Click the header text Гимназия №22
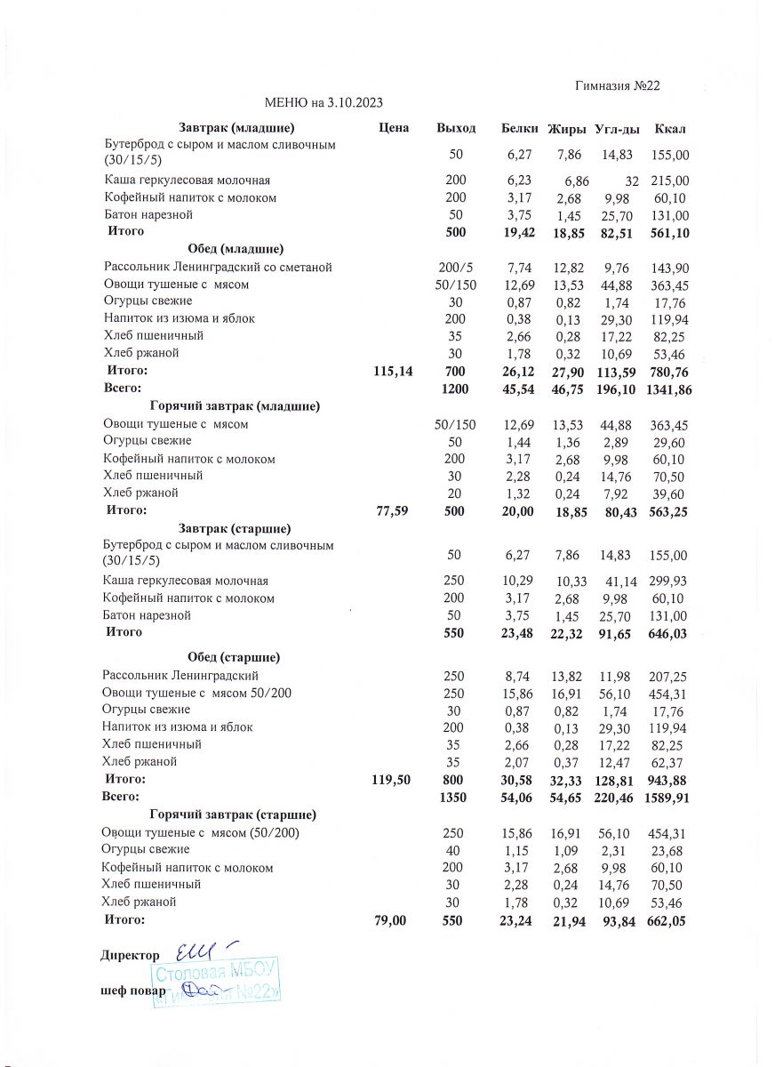click(x=617, y=86)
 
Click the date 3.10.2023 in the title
click(x=355, y=103)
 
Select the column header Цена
click(x=393, y=129)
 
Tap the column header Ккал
click(x=669, y=130)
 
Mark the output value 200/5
click(x=455, y=268)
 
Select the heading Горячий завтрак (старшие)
click(x=234, y=814)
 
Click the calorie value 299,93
click(x=669, y=582)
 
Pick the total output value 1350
click(x=455, y=798)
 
